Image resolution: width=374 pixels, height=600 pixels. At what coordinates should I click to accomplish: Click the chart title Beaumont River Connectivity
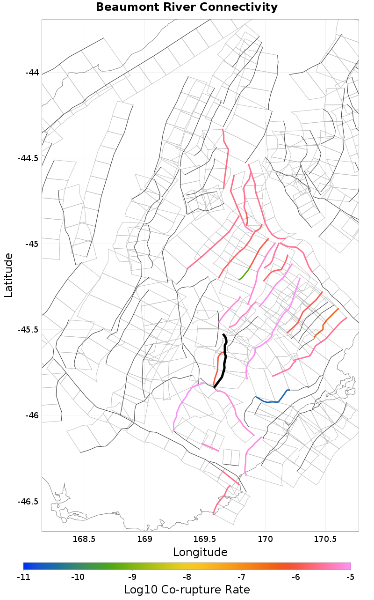187,7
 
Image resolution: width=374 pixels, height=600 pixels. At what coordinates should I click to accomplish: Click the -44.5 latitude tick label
28,158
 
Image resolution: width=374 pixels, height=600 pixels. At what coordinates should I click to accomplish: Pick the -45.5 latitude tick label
28,330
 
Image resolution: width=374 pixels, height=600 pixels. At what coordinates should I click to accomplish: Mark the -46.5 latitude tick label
28,501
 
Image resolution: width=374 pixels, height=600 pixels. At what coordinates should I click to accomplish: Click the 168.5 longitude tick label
85,539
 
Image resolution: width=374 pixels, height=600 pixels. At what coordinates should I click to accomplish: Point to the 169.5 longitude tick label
205,539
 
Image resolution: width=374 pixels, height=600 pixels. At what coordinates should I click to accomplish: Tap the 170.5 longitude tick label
325,539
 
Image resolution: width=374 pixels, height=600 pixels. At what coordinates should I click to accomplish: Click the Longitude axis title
200,552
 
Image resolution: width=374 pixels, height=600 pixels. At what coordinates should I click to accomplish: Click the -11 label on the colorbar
23,577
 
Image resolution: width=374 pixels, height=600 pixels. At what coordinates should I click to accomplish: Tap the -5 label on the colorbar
351,577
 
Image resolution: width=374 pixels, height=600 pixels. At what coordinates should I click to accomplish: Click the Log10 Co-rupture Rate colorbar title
187,590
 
